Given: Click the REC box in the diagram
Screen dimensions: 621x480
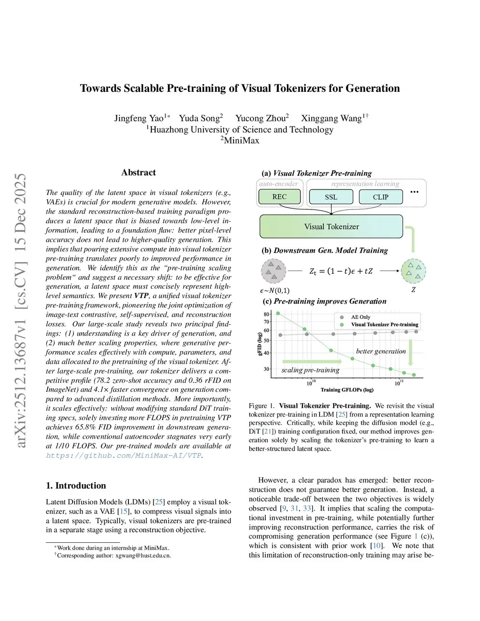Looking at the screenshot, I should click(x=279, y=197).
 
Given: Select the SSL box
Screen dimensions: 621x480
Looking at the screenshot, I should click(x=331, y=197).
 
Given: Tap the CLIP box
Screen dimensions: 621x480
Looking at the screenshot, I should click(x=381, y=197).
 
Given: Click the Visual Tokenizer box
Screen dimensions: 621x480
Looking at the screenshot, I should click(x=331, y=226).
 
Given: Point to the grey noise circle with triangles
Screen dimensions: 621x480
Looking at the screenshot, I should click(x=273, y=271).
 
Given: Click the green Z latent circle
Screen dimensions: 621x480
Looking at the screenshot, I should click(x=413, y=271).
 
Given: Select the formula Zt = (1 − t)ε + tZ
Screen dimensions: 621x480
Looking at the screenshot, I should click(x=341, y=271).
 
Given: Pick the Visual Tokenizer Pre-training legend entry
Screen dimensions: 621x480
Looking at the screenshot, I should click(x=384, y=324).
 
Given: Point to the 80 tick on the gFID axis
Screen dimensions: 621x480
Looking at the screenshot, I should click(x=267, y=314).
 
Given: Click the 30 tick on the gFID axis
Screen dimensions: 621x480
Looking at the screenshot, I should click(x=267, y=369).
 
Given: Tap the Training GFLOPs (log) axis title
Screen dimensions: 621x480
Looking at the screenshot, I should click(x=347, y=390).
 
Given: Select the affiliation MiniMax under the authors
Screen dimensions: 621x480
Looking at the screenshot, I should click(x=241, y=140).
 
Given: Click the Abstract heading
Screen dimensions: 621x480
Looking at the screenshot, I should click(x=138, y=172).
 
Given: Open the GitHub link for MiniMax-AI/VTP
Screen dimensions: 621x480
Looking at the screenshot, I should click(x=124, y=456).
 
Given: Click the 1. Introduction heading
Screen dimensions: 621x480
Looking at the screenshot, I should click(x=76, y=486).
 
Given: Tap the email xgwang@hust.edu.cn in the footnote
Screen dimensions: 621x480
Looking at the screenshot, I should click(x=143, y=556).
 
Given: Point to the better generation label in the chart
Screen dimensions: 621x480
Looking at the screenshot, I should click(x=381, y=351).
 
